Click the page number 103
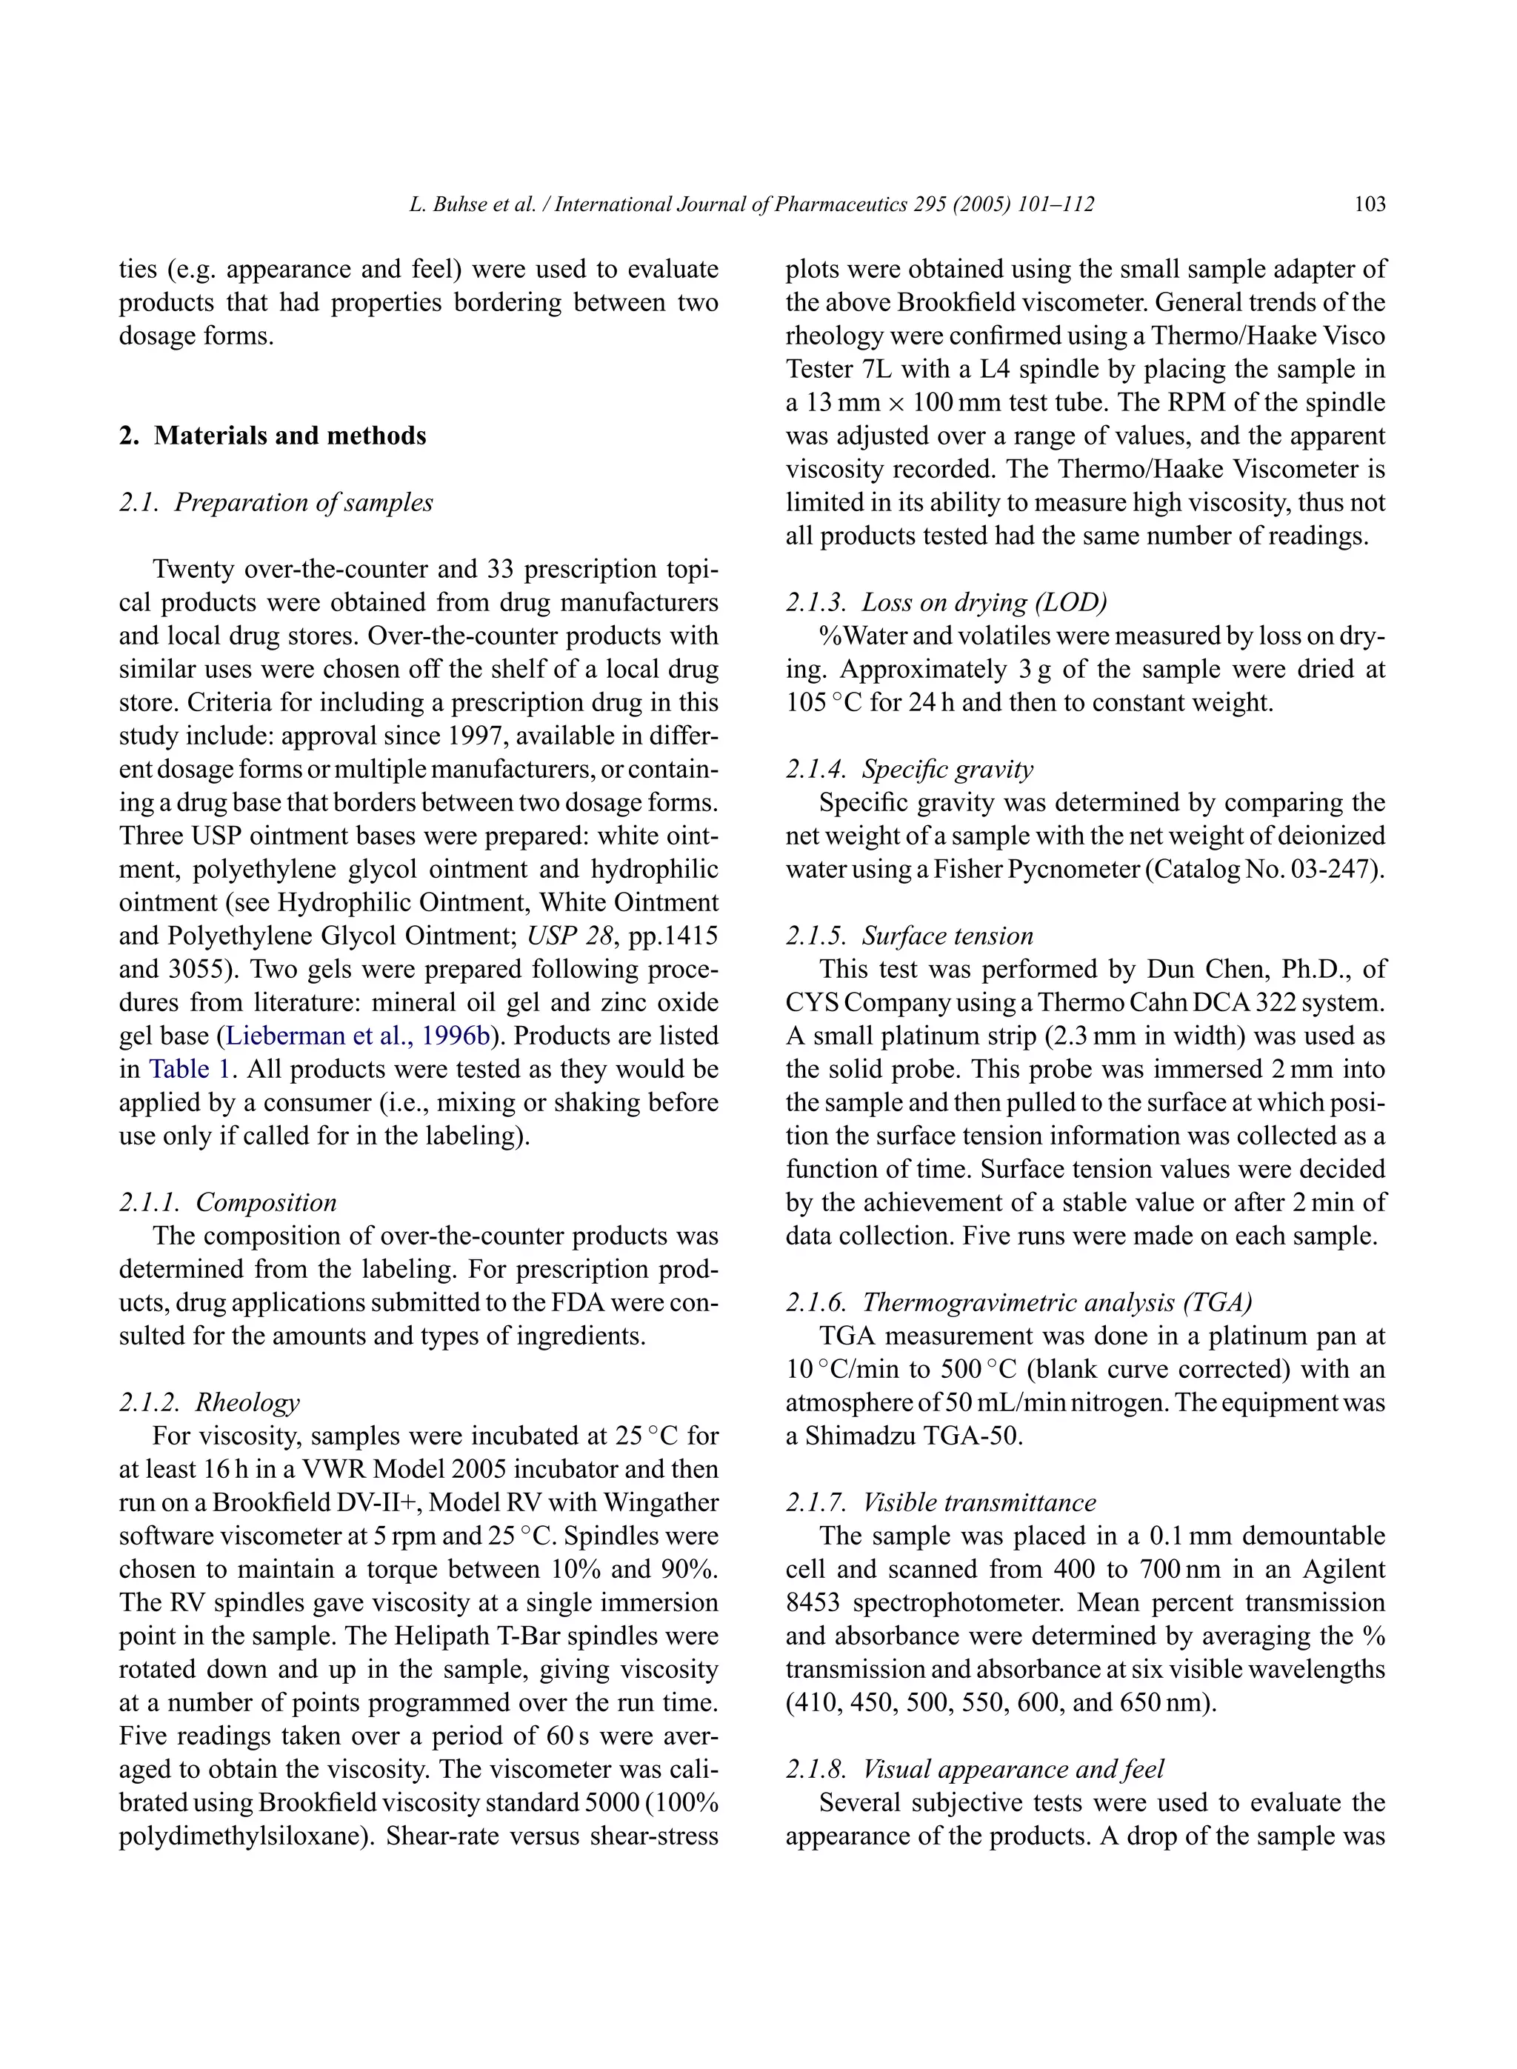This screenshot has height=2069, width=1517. click(x=1369, y=204)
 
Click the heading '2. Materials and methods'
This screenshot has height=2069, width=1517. click(x=273, y=436)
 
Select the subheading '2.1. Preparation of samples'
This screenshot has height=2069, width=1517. click(x=276, y=502)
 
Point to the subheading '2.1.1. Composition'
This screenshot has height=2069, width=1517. click(x=227, y=1202)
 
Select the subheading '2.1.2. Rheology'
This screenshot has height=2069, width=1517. click(x=210, y=1402)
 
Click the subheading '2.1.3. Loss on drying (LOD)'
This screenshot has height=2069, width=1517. click(x=946, y=602)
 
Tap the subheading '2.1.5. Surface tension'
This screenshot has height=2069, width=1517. click(x=909, y=936)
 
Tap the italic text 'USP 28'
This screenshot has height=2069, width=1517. click(x=570, y=936)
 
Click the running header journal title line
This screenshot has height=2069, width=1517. click(x=751, y=204)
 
